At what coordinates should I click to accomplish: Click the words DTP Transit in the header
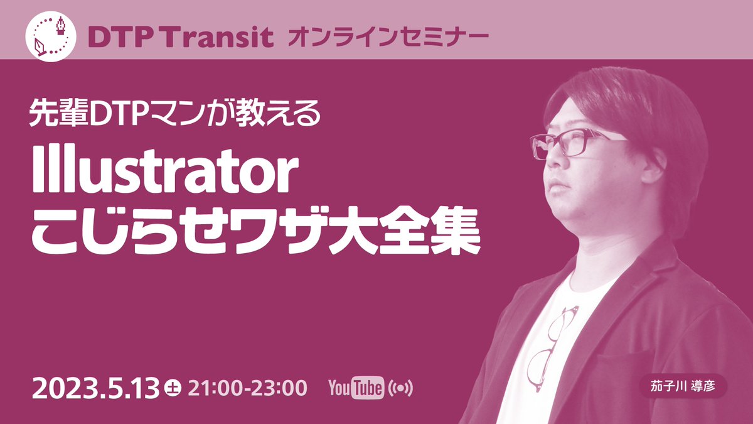tap(181, 38)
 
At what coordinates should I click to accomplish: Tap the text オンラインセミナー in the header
tap(388, 38)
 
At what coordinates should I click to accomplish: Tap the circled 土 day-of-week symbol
tap(171, 388)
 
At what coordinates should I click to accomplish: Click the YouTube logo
tap(356, 388)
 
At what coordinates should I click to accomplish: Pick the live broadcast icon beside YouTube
tap(402, 388)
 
